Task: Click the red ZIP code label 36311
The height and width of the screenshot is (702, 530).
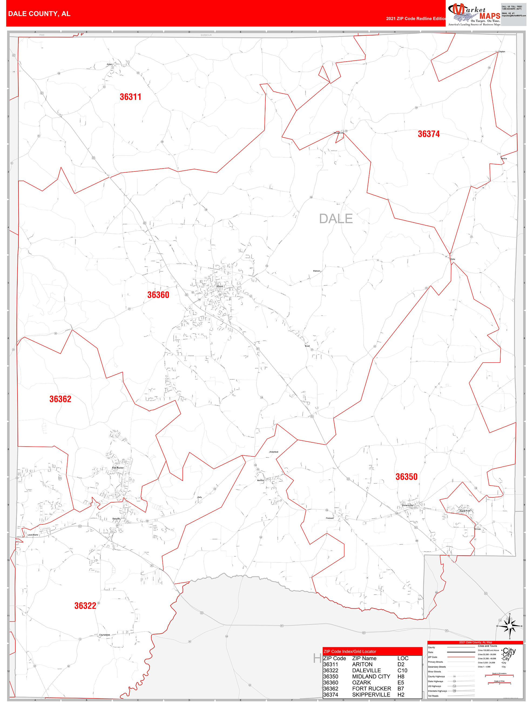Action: tap(130, 97)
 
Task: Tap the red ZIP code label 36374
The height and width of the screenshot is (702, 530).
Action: tap(428, 134)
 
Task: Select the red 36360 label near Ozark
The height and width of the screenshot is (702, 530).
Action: tap(158, 295)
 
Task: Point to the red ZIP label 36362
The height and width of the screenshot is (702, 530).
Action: tap(60, 399)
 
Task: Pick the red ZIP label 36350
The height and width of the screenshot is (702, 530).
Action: tap(406, 477)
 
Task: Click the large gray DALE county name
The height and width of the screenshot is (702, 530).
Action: tap(336, 219)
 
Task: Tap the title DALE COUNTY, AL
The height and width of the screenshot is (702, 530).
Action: tap(39, 14)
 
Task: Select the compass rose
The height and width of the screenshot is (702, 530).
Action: tap(509, 626)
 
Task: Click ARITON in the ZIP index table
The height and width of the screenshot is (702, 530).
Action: tap(362, 664)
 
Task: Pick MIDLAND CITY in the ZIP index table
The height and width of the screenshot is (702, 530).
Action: tap(371, 676)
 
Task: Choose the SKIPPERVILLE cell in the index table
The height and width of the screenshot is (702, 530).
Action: tap(371, 694)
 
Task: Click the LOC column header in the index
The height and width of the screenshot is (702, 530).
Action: tap(403, 658)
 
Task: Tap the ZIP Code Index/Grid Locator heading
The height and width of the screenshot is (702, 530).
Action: tap(350, 651)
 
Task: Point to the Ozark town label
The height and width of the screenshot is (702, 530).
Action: tap(220, 286)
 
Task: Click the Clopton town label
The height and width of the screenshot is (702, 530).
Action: tap(501, 51)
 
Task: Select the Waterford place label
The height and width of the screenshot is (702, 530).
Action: tap(274, 452)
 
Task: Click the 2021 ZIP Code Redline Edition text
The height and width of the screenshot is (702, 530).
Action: tap(416, 18)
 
